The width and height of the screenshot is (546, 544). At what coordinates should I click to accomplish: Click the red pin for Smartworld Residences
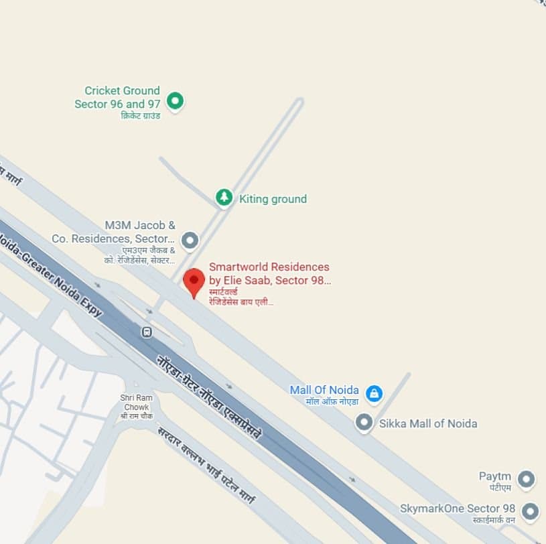click(194, 281)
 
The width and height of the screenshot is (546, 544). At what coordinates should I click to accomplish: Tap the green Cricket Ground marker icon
click(176, 101)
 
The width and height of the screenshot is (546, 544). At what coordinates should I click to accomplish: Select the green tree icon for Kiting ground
click(224, 198)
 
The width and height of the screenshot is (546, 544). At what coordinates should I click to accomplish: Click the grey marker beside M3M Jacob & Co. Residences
click(190, 239)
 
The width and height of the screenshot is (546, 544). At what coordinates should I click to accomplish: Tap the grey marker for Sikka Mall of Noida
click(364, 423)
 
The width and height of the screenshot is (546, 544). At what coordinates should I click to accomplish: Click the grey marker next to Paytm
click(527, 479)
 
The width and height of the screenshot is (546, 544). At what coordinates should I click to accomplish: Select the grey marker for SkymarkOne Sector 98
click(531, 511)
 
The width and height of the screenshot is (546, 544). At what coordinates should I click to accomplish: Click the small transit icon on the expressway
click(147, 332)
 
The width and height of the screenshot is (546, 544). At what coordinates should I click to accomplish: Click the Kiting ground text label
click(273, 199)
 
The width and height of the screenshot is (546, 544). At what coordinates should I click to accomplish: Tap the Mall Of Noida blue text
click(324, 390)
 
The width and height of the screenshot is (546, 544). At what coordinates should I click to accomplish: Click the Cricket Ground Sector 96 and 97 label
click(118, 97)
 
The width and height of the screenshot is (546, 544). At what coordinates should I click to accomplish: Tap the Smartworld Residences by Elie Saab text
click(269, 274)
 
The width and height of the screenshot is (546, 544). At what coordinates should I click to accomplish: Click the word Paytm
click(495, 476)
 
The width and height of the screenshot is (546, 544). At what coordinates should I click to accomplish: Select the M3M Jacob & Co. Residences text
click(114, 232)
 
